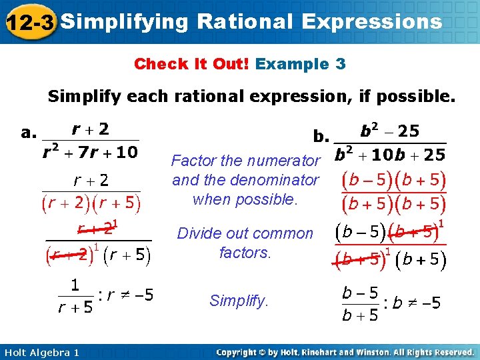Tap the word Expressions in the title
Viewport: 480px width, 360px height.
click(x=371, y=22)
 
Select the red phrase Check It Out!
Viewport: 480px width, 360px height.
click(x=191, y=64)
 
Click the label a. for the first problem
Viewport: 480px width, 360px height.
click(x=28, y=132)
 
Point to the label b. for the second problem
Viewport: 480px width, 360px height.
click(x=321, y=137)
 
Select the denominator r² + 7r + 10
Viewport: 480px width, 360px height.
click(x=89, y=153)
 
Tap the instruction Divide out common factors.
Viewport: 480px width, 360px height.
click(x=245, y=243)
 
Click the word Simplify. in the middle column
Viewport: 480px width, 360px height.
click(x=239, y=301)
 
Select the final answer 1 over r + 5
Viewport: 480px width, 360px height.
click(x=75, y=295)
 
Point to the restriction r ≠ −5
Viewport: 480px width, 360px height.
click(x=127, y=295)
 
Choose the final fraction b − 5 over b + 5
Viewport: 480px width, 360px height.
click(x=360, y=303)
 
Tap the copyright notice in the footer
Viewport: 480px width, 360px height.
click(x=345, y=352)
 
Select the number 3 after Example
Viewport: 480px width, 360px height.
click(x=341, y=64)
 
